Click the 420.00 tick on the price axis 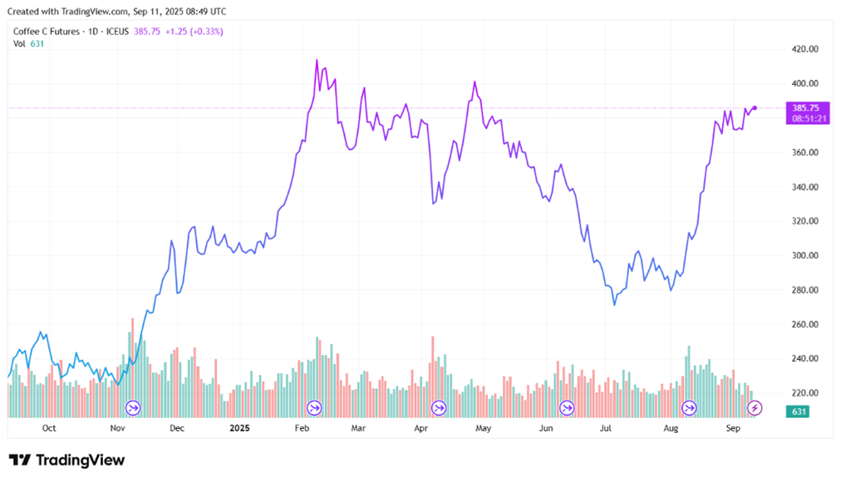click(805, 49)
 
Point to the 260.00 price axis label click(805, 324)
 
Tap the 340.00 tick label click(805, 187)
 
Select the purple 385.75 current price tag click(805, 108)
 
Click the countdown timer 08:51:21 click(805, 119)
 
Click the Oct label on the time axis click(49, 429)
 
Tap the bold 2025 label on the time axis click(239, 429)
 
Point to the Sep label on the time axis click(733, 429)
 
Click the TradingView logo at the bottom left click(66, 460)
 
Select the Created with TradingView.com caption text click(116, 12)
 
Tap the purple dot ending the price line click(755, 108)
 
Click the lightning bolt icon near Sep click(755, 407)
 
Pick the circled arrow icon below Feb click(314, 407)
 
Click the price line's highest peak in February click(317, 60)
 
